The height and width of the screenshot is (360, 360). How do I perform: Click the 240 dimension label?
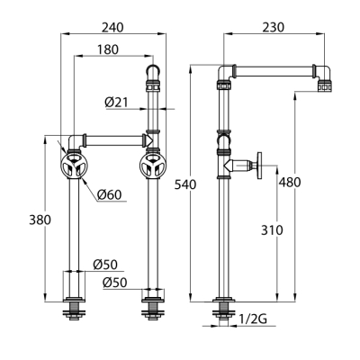click(112, 28)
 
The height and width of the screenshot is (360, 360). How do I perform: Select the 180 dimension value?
click(108, 49)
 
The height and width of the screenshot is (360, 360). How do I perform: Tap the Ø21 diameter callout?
click(116, 103)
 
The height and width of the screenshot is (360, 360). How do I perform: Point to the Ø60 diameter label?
click(110, 195)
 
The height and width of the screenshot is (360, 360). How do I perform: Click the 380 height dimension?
click(40, 220)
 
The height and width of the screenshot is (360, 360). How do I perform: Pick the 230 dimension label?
click(273, 28)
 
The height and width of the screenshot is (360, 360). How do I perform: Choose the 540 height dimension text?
click(185, 184)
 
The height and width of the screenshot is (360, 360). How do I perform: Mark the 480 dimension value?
click(290, 182)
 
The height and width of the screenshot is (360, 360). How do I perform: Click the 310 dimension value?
click(272, 230)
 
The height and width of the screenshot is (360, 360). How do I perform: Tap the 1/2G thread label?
click(253, 319)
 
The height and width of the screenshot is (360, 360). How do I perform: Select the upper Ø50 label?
click(105, 265)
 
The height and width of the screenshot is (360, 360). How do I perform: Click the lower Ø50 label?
click(115, 283)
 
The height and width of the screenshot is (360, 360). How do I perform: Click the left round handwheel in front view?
click(74, 166)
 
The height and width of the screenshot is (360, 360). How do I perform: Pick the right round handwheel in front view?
click(153, 166)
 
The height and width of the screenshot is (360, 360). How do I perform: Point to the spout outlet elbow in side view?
click(323, 76)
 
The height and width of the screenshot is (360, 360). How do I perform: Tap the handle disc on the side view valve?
click(259, 166)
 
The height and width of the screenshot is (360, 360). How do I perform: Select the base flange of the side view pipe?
click(224, 300)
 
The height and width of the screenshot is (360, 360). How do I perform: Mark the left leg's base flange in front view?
click(74, 300)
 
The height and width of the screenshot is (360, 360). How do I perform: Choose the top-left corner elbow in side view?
click(226, 73)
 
